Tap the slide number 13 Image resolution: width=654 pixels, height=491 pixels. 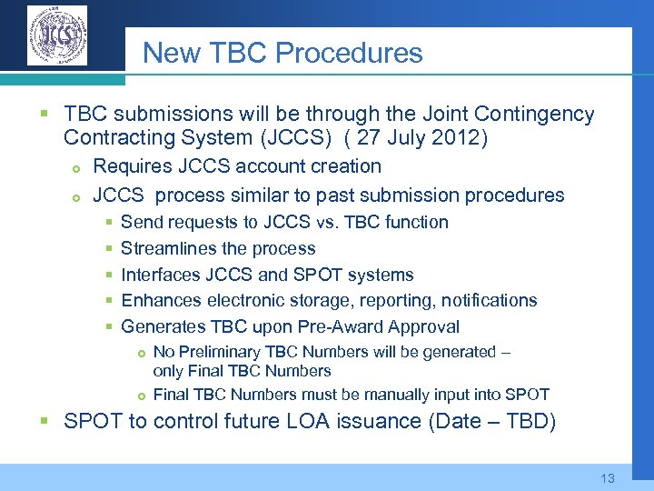click(x=608, y=478)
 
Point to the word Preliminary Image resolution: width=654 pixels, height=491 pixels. click(x=220, y=352)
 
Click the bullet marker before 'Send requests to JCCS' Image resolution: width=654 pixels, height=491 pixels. click(x=108, y=223)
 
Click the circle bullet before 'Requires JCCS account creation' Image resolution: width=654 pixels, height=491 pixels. click(x=77, y=167)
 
